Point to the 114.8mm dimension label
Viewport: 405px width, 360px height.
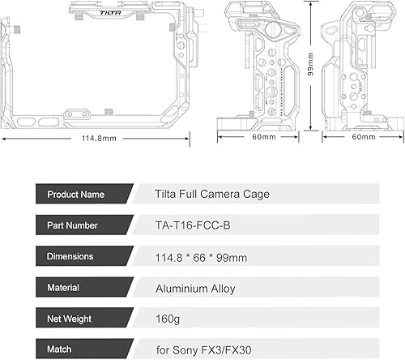pyautogui.click(x=99, y=138)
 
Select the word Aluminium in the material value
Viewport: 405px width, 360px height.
pyautogui.click(x=184, y=286)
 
